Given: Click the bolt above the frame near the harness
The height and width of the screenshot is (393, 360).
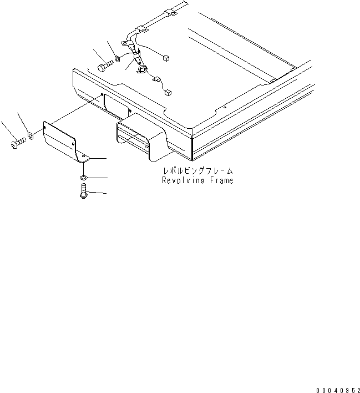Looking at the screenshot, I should click(x=105, y=67).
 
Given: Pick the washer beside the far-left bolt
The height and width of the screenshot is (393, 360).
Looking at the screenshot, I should click(x=31, y=134).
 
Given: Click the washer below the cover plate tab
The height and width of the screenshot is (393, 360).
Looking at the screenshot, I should click(x=83, y=178).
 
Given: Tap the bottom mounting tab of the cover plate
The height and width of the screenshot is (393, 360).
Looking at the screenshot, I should click(x=84, y=158).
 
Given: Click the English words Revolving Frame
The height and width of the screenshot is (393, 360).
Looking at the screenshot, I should click(x=197, y=180).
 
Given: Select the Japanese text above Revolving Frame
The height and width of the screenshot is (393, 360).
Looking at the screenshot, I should click(x=197, y=171).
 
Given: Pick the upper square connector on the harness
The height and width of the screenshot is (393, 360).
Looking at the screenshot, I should click(x=166, y=56).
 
